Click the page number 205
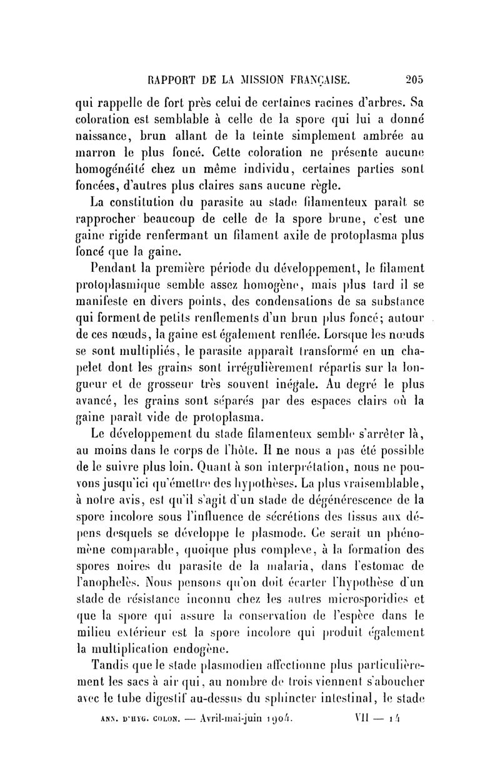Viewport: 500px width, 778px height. tap(413, 80)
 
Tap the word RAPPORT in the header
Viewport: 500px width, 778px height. tap(171, 80)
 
